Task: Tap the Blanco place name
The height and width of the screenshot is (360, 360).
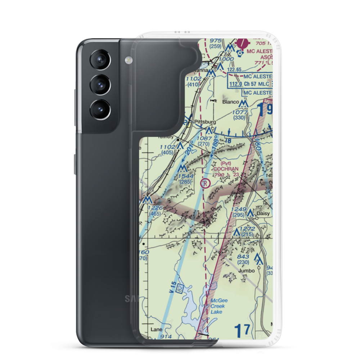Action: coord(230,102)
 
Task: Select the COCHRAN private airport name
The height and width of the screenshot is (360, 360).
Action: coord(226,168)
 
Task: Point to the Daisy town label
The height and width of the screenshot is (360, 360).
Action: coord(263,213)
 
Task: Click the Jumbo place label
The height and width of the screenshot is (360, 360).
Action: coord(247,270)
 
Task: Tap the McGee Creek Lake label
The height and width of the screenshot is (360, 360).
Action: coord(217,306)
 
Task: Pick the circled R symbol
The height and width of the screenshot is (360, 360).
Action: coord(205,184)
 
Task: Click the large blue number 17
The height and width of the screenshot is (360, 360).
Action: coord(242,330)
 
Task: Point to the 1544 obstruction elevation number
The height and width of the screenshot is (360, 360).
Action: coord(186,176)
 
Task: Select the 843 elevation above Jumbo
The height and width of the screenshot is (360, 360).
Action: coord(243,256)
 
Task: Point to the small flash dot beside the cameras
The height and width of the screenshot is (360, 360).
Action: coord(127,59)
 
